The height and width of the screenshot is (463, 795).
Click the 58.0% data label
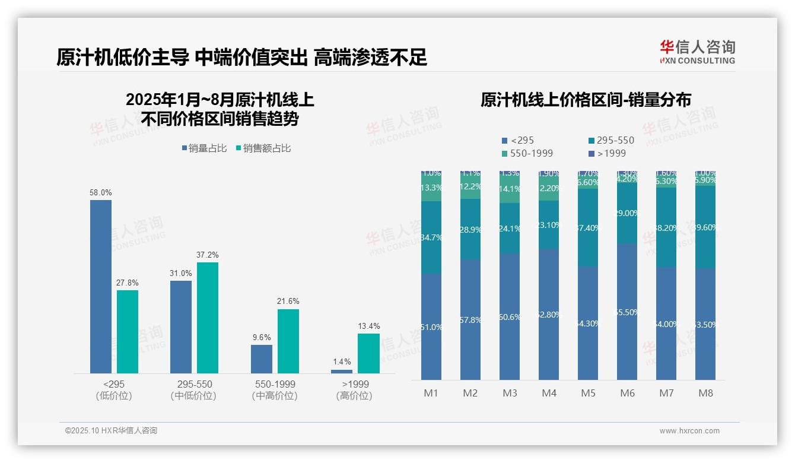[x=101, y=193]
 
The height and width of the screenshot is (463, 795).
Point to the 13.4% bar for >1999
[x=368, y=353]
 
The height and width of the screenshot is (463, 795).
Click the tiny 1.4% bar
[x=342, y=372]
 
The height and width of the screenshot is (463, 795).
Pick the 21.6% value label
[x=288, y=302]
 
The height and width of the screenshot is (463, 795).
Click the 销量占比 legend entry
[x=204, y=148]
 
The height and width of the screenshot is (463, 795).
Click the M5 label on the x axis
[x=588, y=393]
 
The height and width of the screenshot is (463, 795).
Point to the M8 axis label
[x=705, y=393]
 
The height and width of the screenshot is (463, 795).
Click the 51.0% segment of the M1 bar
[x=431, y=326]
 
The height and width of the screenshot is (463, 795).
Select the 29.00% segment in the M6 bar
[x=627, y=214]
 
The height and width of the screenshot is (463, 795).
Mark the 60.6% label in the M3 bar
[x=510, y=317]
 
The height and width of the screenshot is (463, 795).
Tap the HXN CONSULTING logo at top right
[x=697, y=52]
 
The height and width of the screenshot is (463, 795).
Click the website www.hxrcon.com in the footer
[x=689, y=431]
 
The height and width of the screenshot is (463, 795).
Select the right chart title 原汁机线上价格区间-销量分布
[x=586, y=100]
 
